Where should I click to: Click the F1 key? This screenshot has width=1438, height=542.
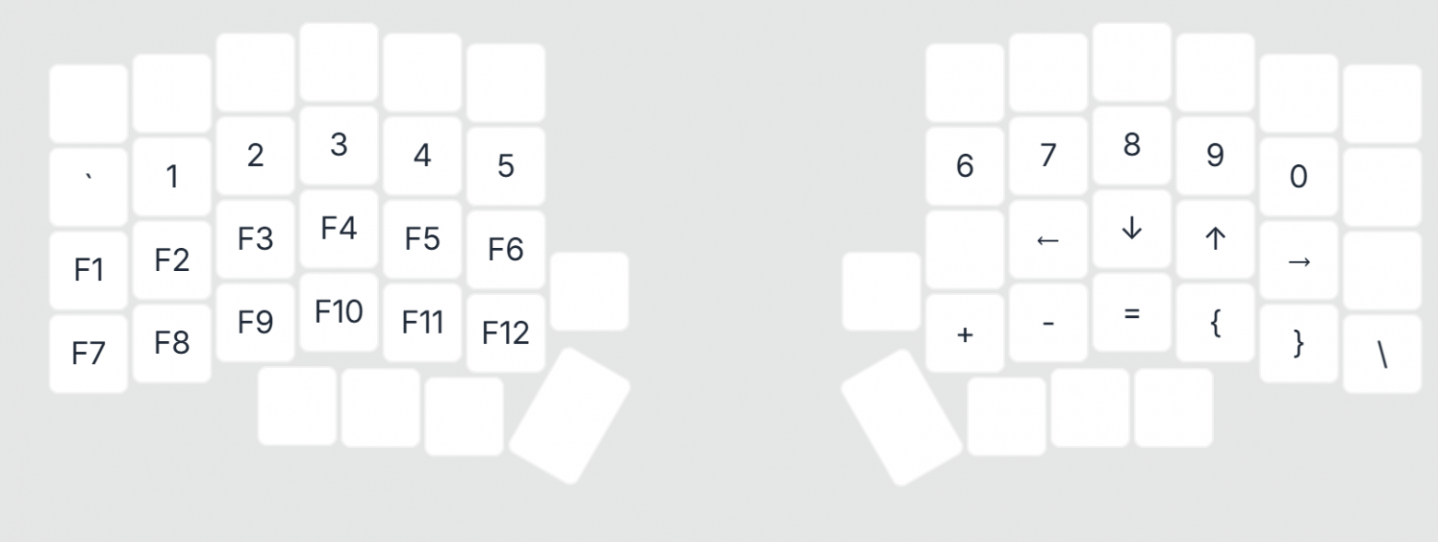click(x=88, y=270)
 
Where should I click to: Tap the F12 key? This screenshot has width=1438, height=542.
click(x=506, y=333)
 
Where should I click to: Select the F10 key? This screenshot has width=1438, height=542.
click(x=339, y=312)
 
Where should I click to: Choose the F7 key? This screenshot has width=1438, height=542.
click(x=88, y=354)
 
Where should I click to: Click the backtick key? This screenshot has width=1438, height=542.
click(x=88, y=187)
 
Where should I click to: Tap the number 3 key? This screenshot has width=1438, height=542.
click(x=339, y=145)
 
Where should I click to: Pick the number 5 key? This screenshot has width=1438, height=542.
click(x=506, y=166)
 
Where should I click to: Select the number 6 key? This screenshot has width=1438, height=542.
click(x=965, y=166)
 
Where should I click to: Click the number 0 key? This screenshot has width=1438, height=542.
click(x=1299, y=177)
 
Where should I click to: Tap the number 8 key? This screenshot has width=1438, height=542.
click(x=1132, y=145)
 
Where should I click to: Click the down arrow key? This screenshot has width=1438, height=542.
click(x=1132, y=229)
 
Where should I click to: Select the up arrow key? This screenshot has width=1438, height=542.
click(x=1215, y=239)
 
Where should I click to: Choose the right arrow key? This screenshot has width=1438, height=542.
click(x=1299, y=260)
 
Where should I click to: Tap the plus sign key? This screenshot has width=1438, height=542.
click(x=965, y=333)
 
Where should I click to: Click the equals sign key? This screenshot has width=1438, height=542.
click(x=1132, y=312)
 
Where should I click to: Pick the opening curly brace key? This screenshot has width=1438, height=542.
click(x=1215, y=323)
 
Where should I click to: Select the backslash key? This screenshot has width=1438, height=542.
click(x=1382, y=354)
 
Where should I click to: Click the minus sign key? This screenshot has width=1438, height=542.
click(x=1048, y=323)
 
